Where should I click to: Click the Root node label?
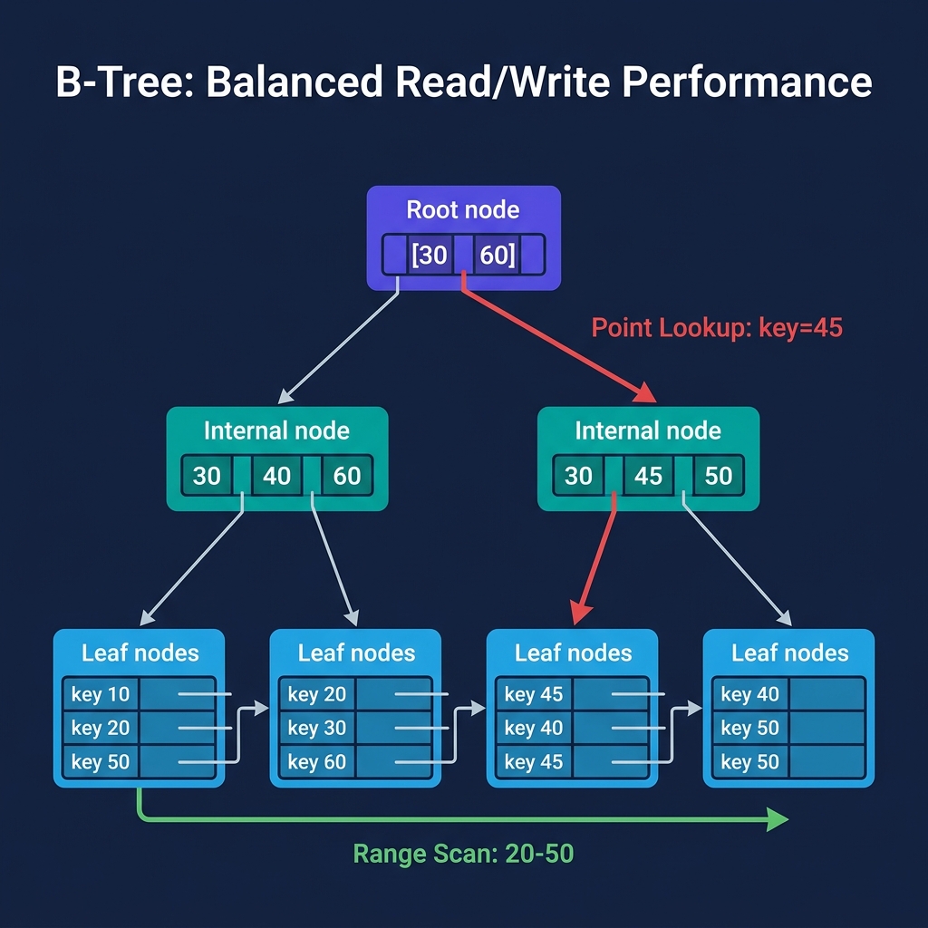tap(463, 210)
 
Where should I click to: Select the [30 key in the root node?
tap(430, 255)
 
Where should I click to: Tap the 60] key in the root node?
tap(498, 255)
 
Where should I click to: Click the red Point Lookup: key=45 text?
tap(717, 327)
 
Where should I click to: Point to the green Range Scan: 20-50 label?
tap(463, 853)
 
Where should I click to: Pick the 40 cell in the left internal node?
tap(277, 476)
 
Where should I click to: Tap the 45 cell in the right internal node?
tap(649, 476)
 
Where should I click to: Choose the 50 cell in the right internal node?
tap(719, 476)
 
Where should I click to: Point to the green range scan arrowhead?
tap(778, 820)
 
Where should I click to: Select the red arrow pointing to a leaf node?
tap(595, 562)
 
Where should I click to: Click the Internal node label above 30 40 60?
tap(276, 430)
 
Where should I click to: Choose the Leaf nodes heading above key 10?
tap(140, 653)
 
